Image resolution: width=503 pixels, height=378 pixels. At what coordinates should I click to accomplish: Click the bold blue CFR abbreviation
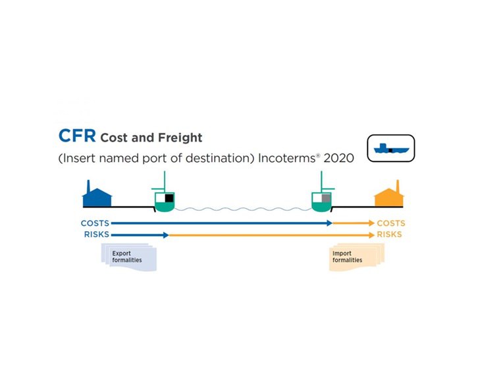(76, 136)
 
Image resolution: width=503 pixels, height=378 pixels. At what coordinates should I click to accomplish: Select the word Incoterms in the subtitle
(288, 159)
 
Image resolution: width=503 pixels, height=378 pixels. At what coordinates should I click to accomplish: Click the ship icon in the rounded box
(390, 149)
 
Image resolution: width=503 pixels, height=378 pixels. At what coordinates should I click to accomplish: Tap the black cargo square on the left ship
(169, 198)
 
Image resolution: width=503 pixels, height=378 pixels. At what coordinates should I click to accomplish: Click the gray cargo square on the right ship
(325, 198)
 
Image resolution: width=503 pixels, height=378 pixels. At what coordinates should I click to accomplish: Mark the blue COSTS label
(95, 223)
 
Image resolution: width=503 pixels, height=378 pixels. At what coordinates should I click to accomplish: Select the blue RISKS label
(97, 234)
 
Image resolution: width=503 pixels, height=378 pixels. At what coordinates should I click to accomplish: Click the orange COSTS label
(391, 223)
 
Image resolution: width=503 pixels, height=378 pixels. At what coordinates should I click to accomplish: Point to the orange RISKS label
(390, 234)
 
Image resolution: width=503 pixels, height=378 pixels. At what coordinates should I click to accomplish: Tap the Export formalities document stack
(129, 257)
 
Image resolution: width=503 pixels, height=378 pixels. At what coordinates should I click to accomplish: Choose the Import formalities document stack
(355, 257)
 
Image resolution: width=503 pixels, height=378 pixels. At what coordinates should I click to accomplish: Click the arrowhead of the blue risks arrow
(166, 234)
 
